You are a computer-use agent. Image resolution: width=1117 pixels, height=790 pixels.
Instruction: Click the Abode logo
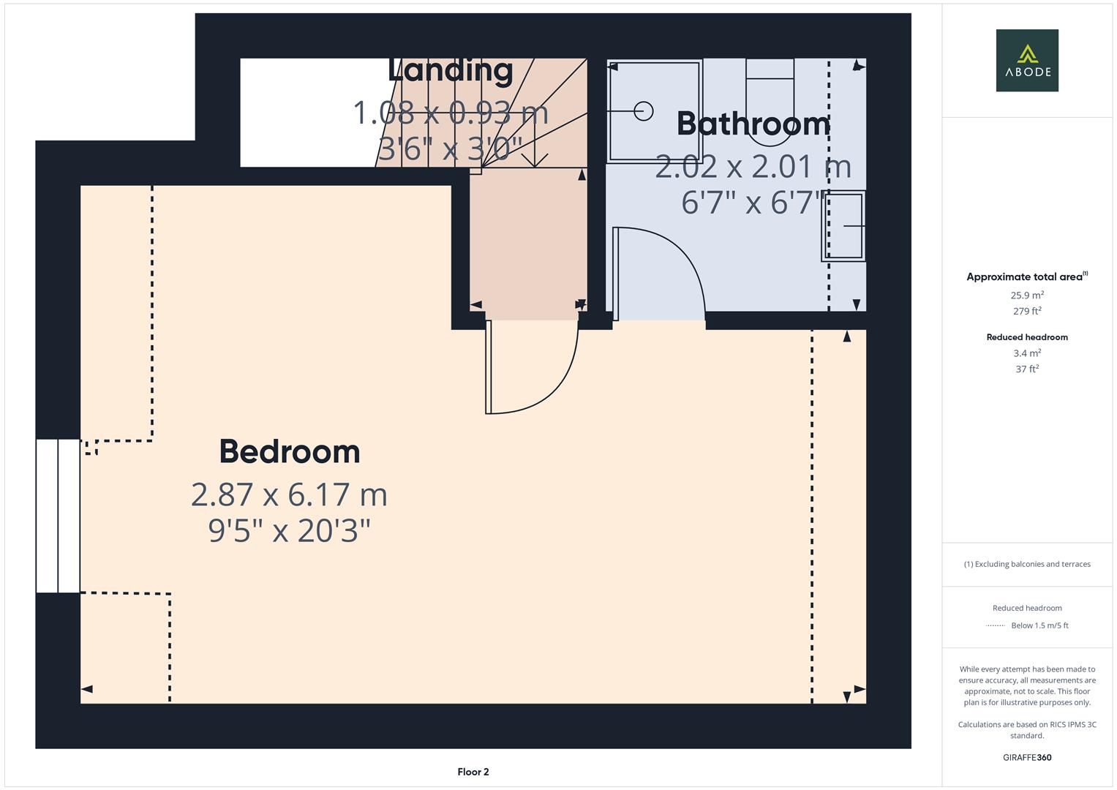pyautogui.click(x=1027, y=60)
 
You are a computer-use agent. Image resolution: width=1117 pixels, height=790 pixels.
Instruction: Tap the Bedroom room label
pyautogui.click(x=290, y=451)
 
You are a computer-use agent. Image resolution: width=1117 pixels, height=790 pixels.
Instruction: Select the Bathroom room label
pyautogui.click(x=753, y=124)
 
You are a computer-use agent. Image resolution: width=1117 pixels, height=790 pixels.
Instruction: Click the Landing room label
pyautogui.click(x=451, y=71)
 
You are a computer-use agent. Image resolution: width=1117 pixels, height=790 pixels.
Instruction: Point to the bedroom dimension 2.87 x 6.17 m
pyautogui.click(x=289, y=494)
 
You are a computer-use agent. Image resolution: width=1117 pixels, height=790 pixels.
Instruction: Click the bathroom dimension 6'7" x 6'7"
pyautogui.click(x=753, y=203)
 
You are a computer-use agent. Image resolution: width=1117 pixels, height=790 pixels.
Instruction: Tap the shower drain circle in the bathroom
pyautogui.click(x=643, y=110)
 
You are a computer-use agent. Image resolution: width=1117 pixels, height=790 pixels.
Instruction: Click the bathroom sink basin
pyautogui.click(x=844, y=226)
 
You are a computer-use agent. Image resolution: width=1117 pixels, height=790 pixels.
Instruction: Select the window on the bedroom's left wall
pyautogui.click(x=58, y=516)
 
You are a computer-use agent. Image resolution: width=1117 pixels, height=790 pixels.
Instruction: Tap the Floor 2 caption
pyautogui.click(x=473, y=772)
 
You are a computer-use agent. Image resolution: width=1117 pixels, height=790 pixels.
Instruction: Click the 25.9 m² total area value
pyautogui.click(x=1027, y=296)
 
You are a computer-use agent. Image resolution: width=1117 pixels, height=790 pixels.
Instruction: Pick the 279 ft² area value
pyautogui.click(x=1027, y=311)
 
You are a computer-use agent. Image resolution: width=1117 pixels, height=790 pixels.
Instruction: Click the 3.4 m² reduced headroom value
pyautogui.click(x=1027, y=353)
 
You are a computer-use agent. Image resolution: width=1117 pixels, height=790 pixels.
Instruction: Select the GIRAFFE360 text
pyautogui.click(x=1027, y=757)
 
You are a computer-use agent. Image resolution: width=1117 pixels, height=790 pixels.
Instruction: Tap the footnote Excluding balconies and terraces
pyautogui.click(x=1027, y=564)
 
